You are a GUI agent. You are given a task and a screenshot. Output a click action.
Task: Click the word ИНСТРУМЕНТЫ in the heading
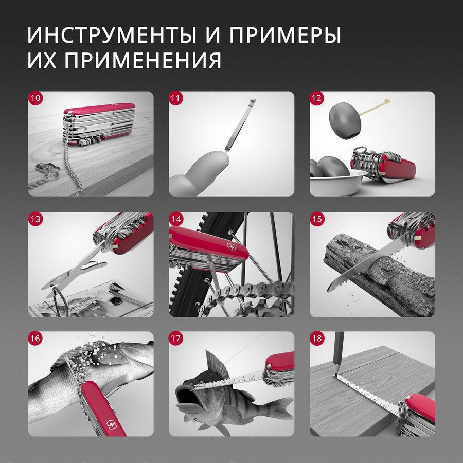point(112,35)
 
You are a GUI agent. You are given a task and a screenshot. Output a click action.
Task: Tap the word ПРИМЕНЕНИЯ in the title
point(143,60)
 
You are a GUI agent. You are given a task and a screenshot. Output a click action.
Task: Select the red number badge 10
point(35,98)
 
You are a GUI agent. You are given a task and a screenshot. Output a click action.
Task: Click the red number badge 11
point(176,98)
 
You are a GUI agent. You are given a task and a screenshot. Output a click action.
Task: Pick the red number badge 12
point(316,98)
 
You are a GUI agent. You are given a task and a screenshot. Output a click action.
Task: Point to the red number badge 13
point(35,219)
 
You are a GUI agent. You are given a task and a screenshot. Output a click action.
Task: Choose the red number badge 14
point(176,219)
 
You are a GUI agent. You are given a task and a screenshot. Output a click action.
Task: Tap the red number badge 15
point(316,219)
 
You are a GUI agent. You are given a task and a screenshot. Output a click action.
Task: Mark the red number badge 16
point(35,339)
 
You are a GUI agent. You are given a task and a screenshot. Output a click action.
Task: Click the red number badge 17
point(176,339)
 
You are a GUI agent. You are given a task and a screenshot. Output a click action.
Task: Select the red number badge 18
point(316,339)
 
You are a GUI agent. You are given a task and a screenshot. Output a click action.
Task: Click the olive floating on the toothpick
point(345,121)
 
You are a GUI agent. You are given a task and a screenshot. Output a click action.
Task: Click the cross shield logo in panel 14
point(230,246)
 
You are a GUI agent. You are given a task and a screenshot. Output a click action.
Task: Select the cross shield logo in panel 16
point(111,425)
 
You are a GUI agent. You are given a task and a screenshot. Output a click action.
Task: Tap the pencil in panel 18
point(338,354)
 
